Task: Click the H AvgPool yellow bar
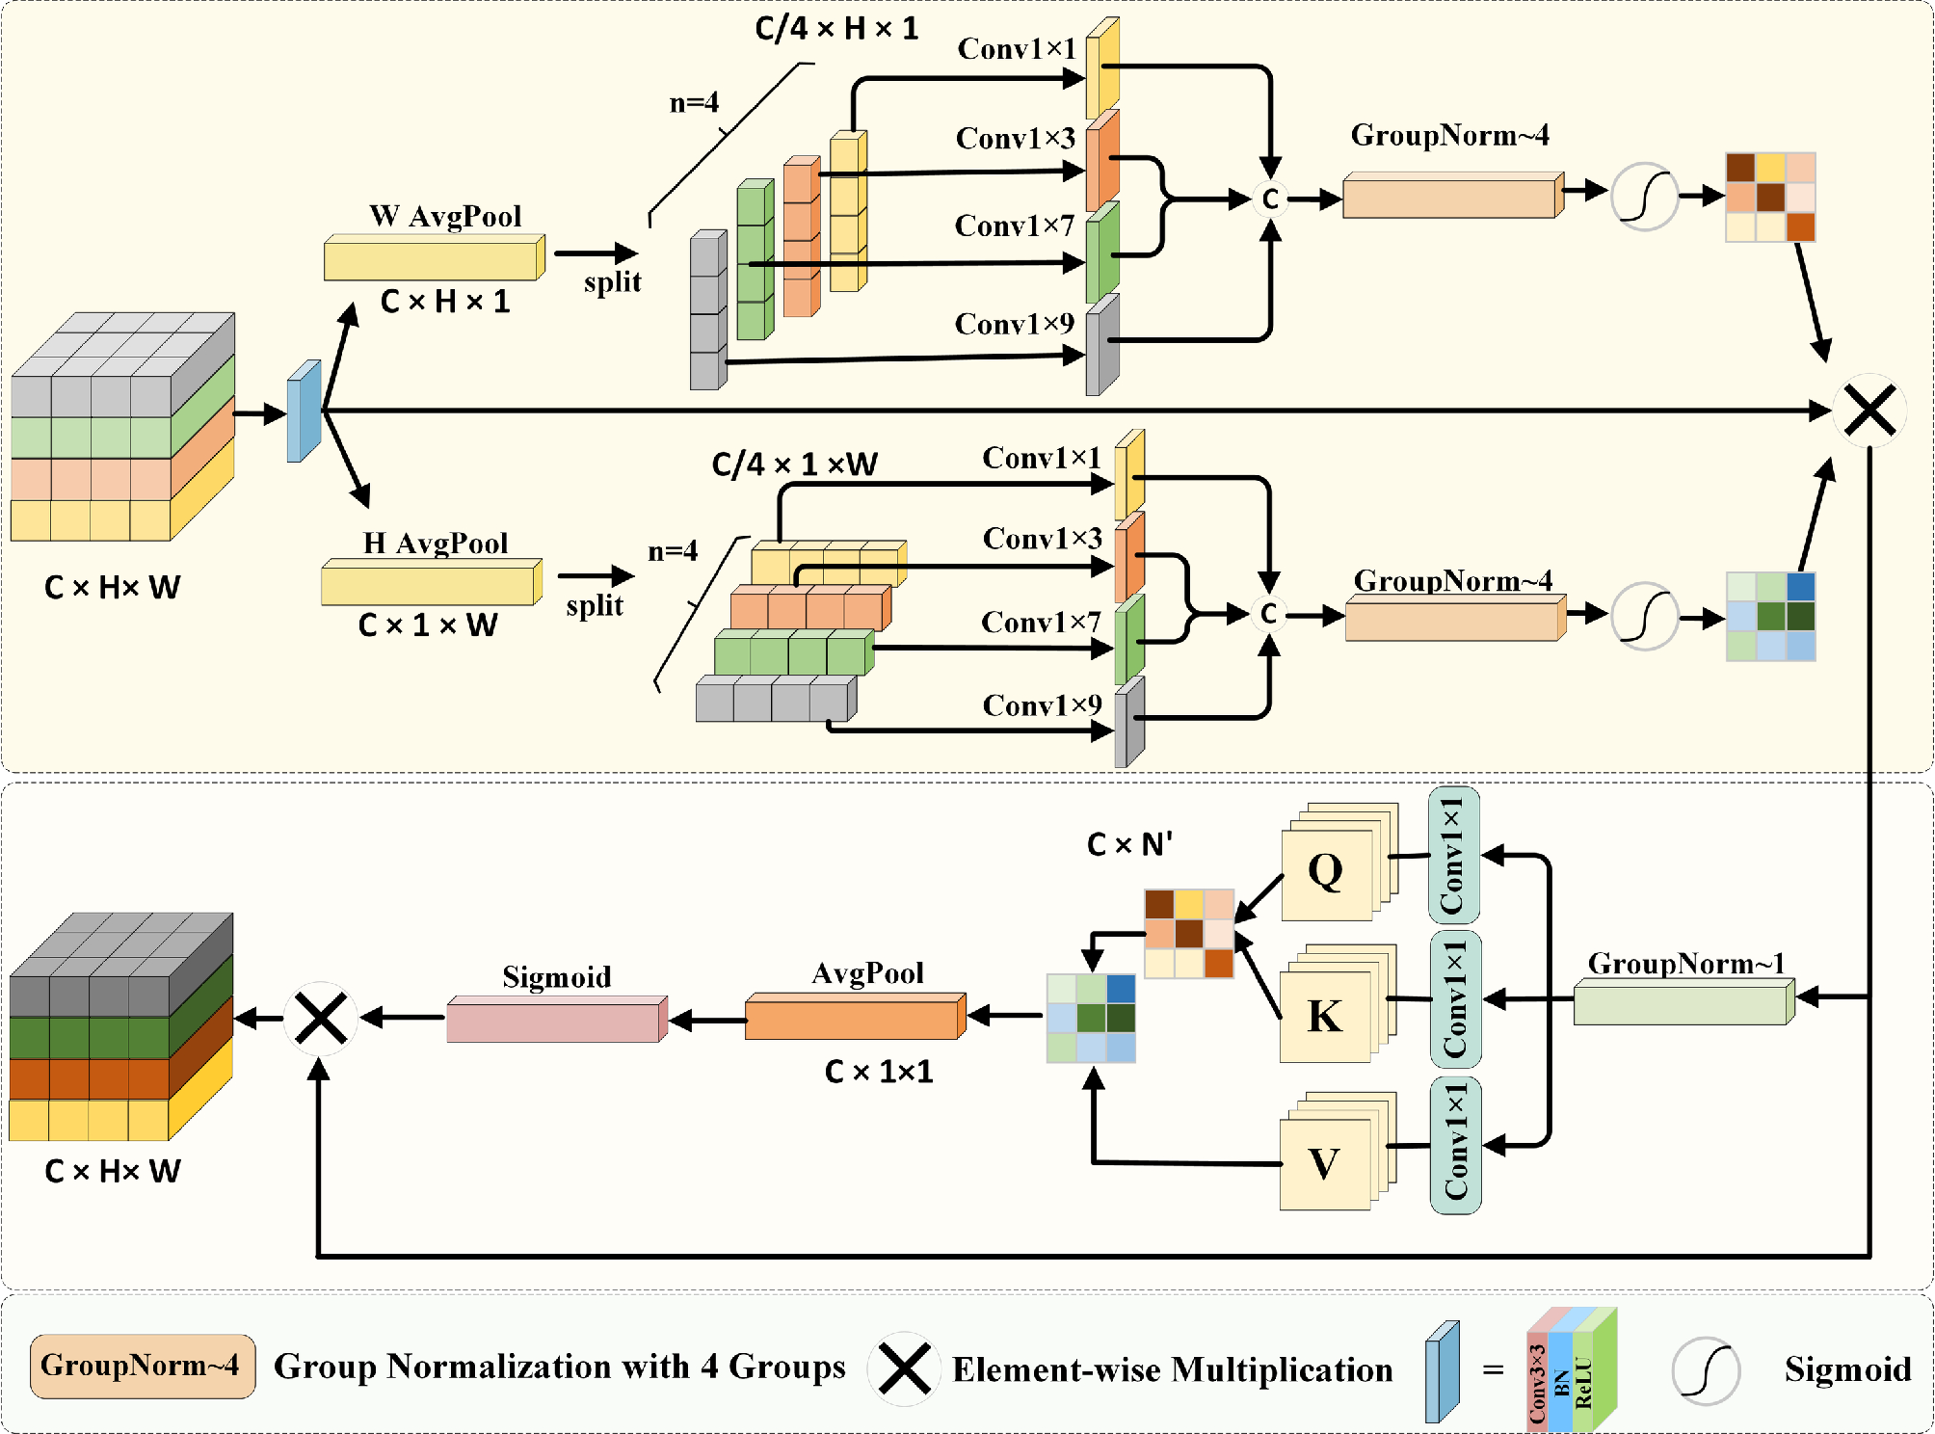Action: click(x=431, y=583)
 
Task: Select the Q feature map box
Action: click(x=1327, y=873)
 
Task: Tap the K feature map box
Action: click(x=1325, y=1016)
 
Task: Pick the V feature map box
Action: click(x=1325, y=1163)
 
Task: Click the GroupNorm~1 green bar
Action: click(x=1683, y=1004)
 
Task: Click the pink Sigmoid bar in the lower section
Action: click(x=556, y=1020)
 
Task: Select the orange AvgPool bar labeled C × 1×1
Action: click(x=855, y=1018)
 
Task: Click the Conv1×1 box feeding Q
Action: click(x=1453, y=855)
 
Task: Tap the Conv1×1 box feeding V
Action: click(x=1455, y=1145)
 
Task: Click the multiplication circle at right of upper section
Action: click(x=1869, y=411)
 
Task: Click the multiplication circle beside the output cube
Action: click(x=321, y=1019)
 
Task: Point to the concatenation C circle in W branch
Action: click(x=1270, y=199)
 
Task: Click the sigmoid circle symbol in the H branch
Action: click(x=1644, y=617)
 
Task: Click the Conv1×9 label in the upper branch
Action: click(x=1014, y=324)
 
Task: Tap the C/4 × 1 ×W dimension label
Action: click(x=794, y=465)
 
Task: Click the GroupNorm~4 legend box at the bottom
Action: click(x=143, y=1366)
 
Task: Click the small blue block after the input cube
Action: click(x=304, y=412)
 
